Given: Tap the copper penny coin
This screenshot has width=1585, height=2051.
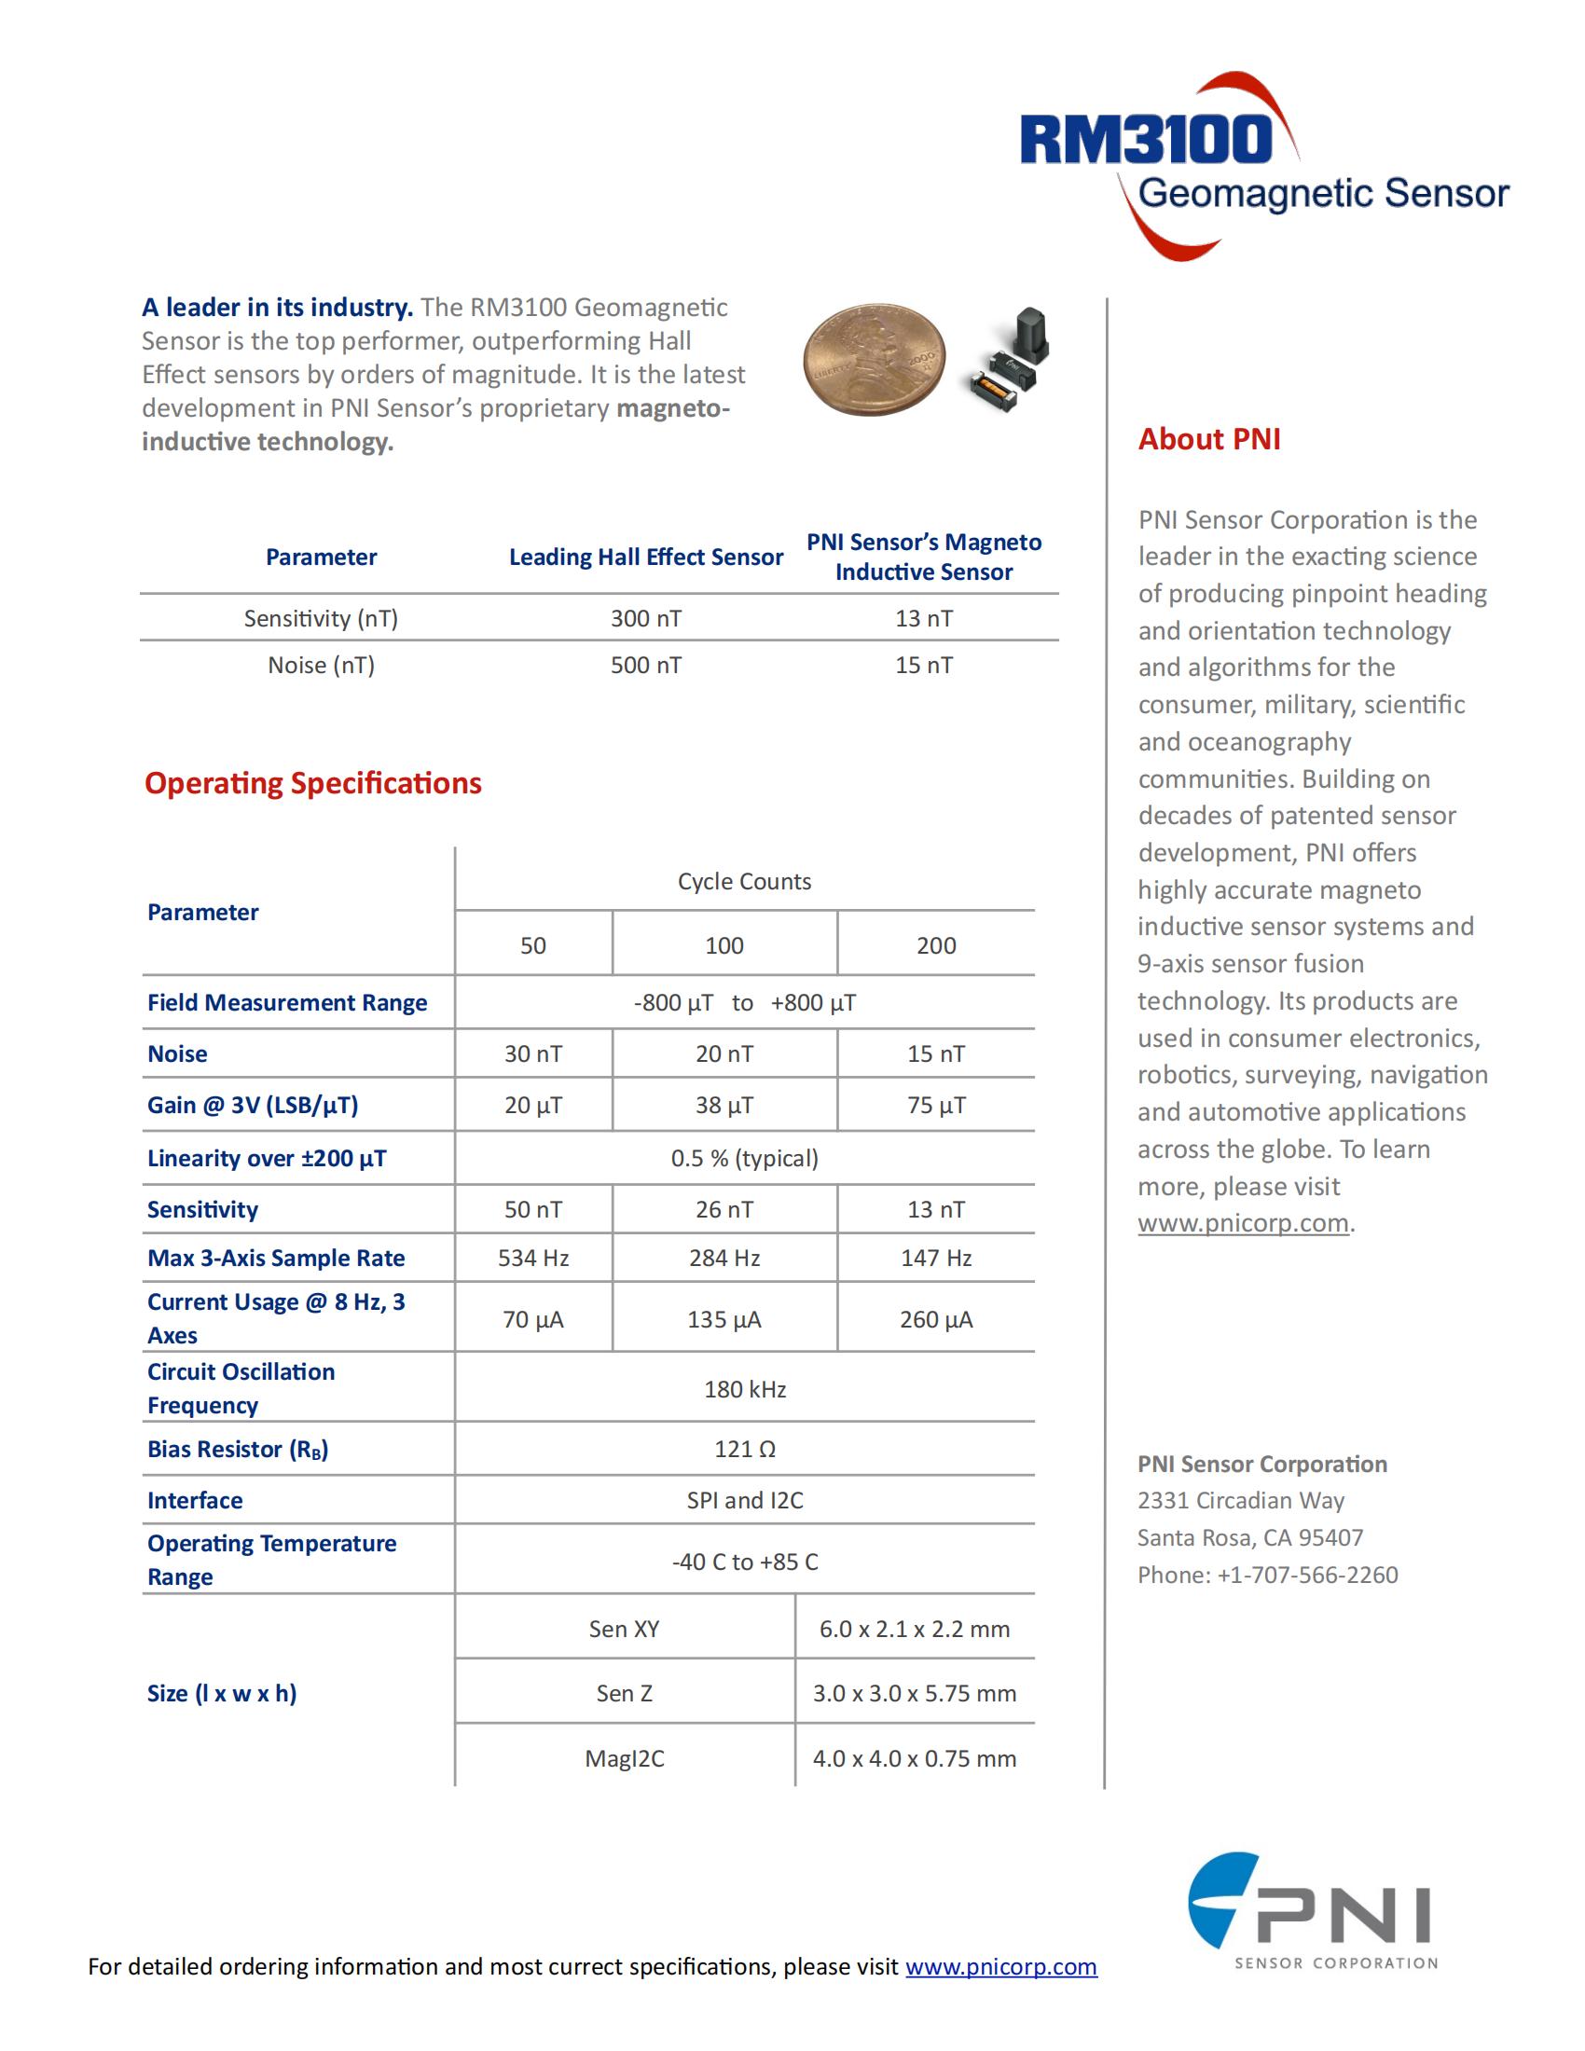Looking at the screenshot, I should [874, 359].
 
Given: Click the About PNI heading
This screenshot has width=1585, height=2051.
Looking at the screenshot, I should [1208, 439].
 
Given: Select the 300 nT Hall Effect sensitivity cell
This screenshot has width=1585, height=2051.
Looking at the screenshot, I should [646, 619].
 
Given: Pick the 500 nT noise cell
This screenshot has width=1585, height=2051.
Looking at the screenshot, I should [646, 666].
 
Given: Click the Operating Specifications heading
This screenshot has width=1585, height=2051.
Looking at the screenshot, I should [312, 783].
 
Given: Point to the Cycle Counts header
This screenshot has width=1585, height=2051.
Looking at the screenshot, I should [745, 882].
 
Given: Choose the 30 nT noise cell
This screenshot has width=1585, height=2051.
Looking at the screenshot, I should [533, 1054].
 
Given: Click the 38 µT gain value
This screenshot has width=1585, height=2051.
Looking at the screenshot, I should [724, 1106].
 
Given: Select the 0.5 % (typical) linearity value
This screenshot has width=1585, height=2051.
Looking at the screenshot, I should [745, 1159].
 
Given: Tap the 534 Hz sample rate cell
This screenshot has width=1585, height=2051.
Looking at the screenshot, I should [533, 1259].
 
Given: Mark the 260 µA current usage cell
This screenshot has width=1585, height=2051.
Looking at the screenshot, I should [936, 1320].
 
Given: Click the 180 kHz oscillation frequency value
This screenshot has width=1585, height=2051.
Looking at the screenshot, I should [745, 1390].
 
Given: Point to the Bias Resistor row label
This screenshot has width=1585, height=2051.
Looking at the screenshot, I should [238, 1450].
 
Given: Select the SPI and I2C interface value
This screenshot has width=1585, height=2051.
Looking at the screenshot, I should [745, 1501].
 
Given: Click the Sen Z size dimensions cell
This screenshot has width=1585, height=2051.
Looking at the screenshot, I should [915, 1694].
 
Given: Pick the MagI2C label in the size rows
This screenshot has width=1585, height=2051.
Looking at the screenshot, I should [625, 1759].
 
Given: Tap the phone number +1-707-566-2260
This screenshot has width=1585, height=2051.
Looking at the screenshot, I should [1307, 1575].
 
